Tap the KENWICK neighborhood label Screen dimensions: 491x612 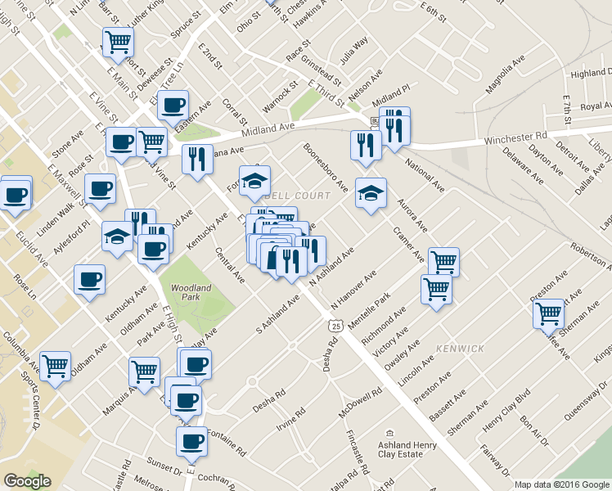pos(460,349)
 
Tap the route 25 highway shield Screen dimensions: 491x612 pos(335,326)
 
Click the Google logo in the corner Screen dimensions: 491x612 pos(26,482)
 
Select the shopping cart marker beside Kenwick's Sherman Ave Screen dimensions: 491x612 pos(548,313)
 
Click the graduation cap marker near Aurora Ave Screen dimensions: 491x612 pos(371,193)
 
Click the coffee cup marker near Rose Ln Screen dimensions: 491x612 pos(89,278)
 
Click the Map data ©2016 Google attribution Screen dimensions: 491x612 pos(561,484)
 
